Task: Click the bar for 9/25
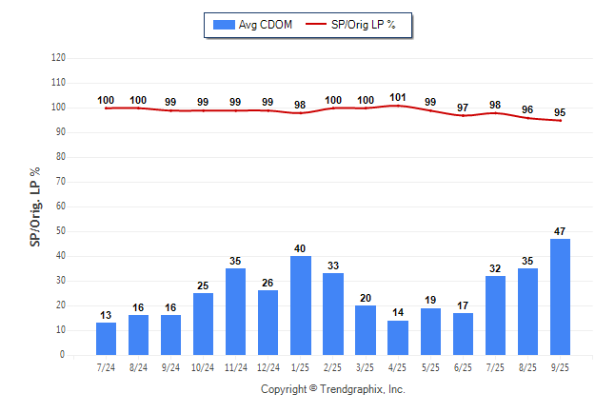click(561, 296)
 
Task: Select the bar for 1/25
click(301, 305)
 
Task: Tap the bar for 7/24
click(106, 338)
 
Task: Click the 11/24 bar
click(236, 311)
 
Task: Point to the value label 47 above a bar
click(561, 231)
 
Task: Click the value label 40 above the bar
click(301, 248)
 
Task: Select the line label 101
click(398, 96)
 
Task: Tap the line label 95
click(561, 111)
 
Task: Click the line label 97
click(463, 108)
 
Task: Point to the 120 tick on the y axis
click(58, 58)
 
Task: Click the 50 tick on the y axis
click(61, 231)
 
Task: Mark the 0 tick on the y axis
click(63, 355)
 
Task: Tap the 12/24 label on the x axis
click(268, 367)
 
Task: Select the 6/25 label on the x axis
click(463, 367)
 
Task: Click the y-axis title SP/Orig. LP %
click(35, 206)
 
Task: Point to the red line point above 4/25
click(398, 106)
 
